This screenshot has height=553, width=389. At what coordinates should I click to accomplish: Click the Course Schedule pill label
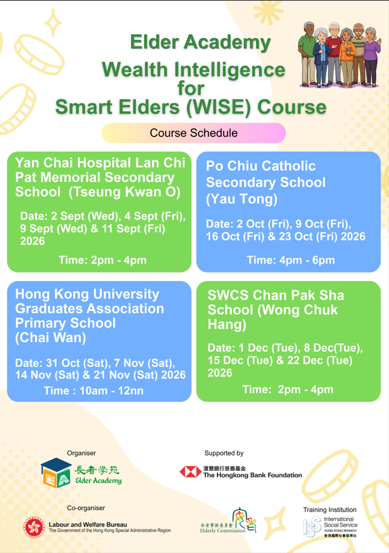tap(193, 133)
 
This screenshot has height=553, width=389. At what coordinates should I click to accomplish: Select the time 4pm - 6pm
tap(307, 260)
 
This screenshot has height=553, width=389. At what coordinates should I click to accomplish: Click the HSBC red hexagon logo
tap(191, 472)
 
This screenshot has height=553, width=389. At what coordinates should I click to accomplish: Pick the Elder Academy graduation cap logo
tap(56, 473)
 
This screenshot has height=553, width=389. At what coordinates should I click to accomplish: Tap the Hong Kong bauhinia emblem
tap(34, 527)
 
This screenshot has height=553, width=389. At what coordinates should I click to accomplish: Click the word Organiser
tap(82, 453)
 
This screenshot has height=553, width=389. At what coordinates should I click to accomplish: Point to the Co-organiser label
tap(86, 508)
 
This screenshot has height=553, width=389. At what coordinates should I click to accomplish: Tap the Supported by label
tap(224, 453)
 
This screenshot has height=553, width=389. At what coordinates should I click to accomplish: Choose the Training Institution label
tap(330, 509)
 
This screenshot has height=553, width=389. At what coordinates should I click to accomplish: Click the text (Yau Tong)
tap(242, 199)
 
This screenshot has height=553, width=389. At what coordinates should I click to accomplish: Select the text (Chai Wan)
tap(51, 337)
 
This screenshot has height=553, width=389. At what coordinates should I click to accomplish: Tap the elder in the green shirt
tap(307, 54)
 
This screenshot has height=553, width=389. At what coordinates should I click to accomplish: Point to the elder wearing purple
tap(371, 56)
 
